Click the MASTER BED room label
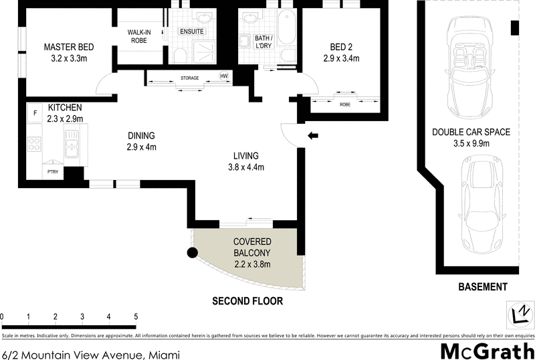click(x=69, y=48)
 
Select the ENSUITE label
click(x=191, y=32)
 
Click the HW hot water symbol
click(x=225, y=76)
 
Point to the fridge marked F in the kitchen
click(x=35, y=114)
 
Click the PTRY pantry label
click(x=52, y=172)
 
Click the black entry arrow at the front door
click(x=312, y=137)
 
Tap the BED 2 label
click(x=341, y=48)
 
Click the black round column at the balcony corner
click(x=192, y=253)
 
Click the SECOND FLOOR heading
click(x=247, y=302)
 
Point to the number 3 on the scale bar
click(x=82, y=317)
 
